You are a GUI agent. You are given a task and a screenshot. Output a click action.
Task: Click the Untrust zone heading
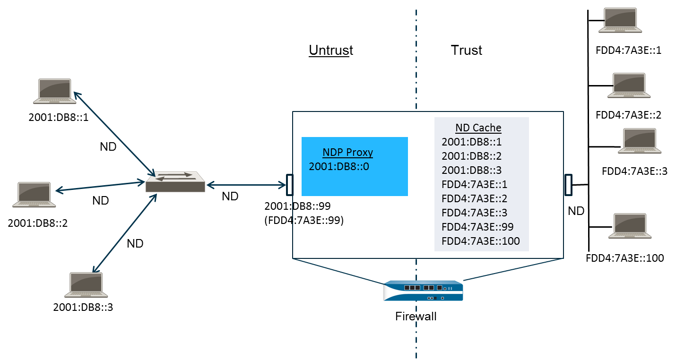tap(331, 51)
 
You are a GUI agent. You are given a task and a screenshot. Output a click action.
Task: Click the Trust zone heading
tap(467, 51)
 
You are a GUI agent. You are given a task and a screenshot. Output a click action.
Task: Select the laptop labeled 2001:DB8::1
tap(54, 91)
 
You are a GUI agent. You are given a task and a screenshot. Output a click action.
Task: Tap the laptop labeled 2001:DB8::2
tap(34, 195)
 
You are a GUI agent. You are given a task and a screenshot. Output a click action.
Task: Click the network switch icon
tap(175, 181)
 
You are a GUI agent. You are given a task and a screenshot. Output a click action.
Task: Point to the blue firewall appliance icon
tap(423, 290)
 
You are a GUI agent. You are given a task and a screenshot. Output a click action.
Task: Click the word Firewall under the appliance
tap(416, 316)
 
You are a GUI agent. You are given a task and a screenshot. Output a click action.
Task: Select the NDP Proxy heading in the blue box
tap(347, 152)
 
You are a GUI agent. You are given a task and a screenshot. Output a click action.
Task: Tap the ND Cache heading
tap(478, 128)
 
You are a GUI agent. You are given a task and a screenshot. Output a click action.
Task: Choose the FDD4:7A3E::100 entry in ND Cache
tap(480, 241)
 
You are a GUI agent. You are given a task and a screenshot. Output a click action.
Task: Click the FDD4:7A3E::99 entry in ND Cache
tap(477, 227)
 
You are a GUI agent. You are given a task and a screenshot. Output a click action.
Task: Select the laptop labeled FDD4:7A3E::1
tap(620, 21)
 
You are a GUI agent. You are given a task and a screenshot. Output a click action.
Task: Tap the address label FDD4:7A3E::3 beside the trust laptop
tap(634, 171)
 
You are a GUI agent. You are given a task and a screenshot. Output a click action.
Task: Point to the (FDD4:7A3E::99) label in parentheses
tap(303, 220)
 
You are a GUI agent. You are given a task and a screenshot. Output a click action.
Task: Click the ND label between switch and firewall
tap(230, 196)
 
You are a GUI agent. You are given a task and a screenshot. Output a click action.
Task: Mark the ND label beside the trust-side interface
tap(576, 211)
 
